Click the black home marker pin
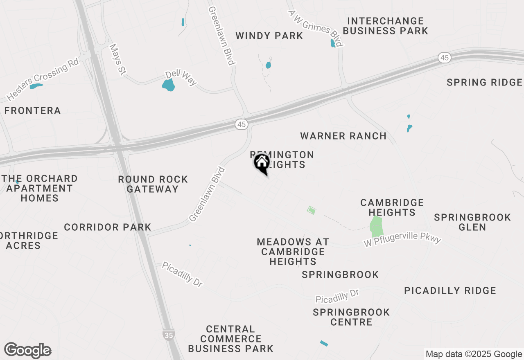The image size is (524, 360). [262, 163]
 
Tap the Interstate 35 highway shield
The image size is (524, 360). [168, 335]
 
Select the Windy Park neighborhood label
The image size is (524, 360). [269, 36]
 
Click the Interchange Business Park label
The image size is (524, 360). [385, 26]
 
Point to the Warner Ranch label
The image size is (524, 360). [343, 136]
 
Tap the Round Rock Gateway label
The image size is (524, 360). [153, 184]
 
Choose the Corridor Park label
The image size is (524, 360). [108, 227]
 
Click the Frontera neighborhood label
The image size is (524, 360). [32, 110]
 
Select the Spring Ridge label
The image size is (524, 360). [484, 83]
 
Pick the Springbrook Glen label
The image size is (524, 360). [472, 222]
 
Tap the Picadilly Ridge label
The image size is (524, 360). [450, 290]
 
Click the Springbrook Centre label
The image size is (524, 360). [351, 317]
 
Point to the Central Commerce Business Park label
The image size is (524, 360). [230, 339]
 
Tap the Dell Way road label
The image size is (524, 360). [181, 78]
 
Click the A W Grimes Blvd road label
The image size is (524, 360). [315, 28]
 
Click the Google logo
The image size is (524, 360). [27, 351]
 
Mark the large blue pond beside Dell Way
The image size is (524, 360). [168, 85]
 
